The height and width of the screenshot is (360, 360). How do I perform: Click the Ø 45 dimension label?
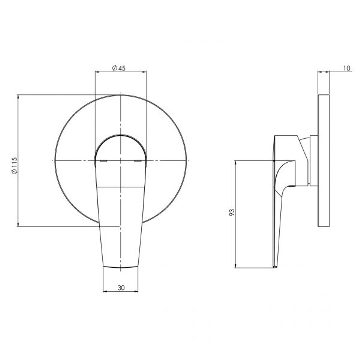tap(119, 68)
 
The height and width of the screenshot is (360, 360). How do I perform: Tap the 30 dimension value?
tap(121, 288)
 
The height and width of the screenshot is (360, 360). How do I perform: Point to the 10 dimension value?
tap(346, 68)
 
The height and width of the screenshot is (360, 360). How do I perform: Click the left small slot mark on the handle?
tap(104, 161)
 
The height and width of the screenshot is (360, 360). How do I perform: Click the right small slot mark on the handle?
tap(138, 161)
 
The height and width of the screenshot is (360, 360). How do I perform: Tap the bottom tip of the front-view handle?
tap(120, 267)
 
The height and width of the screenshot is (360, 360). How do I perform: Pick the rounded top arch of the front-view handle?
tap(120, 136)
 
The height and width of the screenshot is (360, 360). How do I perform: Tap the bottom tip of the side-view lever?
tap(275, 267)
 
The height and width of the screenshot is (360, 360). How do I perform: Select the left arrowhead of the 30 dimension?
tap(104, 292)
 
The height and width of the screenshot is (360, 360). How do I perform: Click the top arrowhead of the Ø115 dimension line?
tap(18, 96)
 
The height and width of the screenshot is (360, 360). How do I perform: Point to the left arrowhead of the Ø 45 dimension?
tap(97, 71)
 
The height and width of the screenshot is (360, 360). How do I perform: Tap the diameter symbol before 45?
tap(114, 68)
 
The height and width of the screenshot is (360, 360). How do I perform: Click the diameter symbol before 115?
tap(14, 172)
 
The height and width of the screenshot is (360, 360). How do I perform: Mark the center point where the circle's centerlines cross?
tap(120, 161)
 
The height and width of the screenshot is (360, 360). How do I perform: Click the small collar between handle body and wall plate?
tap(313, 160)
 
